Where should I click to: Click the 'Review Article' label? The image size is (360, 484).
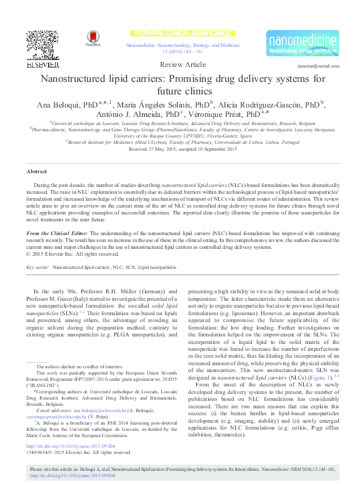click(182, 65)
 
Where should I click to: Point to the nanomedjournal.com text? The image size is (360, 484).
click(319, 65)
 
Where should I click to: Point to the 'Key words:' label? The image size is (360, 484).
click(38, 267)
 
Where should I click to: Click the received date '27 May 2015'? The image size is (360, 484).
click(161, 149)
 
